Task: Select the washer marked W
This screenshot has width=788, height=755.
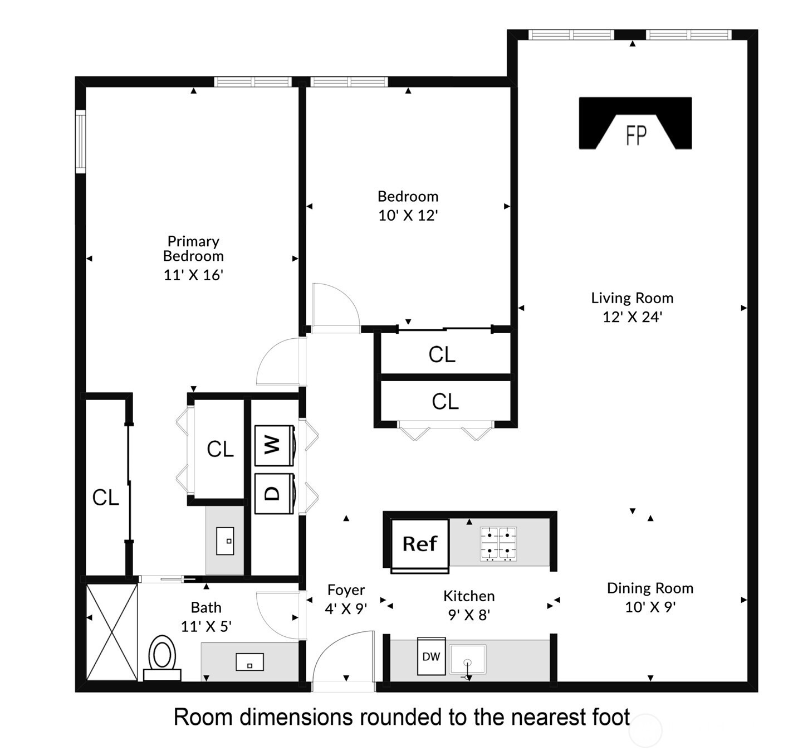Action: (274, 445)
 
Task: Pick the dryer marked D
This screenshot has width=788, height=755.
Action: (274, 493)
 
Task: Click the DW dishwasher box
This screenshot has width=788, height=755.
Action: (431, 656)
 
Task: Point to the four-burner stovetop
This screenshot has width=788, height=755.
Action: (498, 544)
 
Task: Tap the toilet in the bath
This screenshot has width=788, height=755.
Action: (162, 656)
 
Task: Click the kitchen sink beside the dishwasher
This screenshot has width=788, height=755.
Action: (468, 660)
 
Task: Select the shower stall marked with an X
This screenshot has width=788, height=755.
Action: (112, 632)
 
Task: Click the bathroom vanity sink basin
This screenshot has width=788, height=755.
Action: (249, 662)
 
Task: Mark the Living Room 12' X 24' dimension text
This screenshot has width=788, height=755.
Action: (632, 317)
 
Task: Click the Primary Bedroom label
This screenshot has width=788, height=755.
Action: (193, 249)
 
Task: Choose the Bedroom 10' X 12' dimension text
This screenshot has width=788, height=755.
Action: (408, 216)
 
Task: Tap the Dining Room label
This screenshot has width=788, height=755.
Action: (650, 588)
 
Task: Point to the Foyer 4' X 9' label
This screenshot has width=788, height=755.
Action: (346, 600)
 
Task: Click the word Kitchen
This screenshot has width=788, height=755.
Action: (469, 596)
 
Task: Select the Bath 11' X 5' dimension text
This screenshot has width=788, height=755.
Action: (206, 626)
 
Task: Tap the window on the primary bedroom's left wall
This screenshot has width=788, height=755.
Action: (81, 141)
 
